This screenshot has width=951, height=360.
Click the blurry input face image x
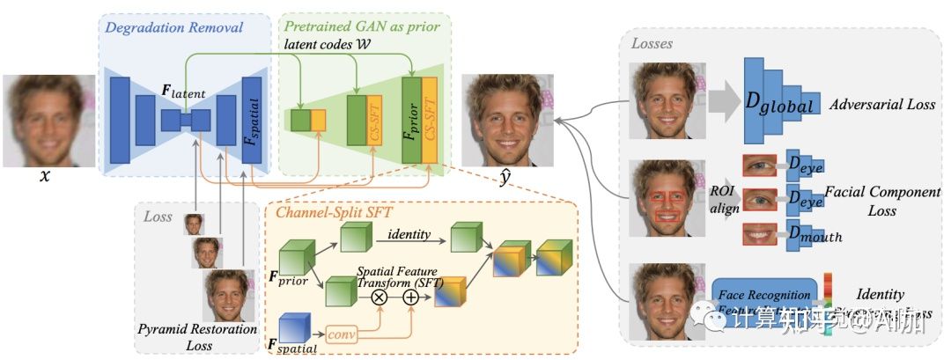tap(48, 121)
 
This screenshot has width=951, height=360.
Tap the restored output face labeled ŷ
tap(505, 120)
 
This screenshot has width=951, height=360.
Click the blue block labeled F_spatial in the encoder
tap(252, 121)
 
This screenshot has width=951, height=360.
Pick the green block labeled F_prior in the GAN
tap(411, 121)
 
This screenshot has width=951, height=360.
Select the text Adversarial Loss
tap(882, 104)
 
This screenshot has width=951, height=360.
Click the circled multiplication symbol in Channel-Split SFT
tap(380, 298)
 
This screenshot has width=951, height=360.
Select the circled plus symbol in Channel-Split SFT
tap(410, 298)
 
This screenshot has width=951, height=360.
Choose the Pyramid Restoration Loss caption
tap(198, 337)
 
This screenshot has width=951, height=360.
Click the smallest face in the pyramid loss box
tap(194, 224)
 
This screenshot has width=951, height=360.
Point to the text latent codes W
tap(326, 43)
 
